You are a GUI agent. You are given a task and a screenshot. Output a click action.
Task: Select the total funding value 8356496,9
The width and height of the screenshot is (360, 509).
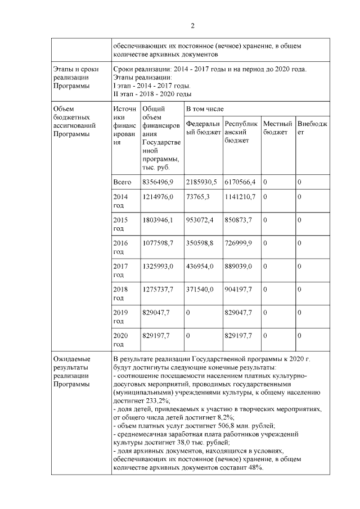[x=158, y=182]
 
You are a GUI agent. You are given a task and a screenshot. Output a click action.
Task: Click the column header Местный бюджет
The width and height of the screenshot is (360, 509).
[x=276, y=127]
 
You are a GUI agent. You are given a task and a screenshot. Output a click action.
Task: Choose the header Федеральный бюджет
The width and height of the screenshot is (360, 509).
[x=202, y=127]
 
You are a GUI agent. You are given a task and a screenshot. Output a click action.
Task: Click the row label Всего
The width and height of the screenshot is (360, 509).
[x=122, y=182]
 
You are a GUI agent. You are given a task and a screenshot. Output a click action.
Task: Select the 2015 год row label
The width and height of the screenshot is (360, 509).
[x=120, y=222]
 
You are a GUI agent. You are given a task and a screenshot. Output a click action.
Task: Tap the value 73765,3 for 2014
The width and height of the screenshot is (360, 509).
[x=199, y=197]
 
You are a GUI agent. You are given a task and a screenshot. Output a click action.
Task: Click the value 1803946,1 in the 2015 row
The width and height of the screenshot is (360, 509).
[x=158, y=218]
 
